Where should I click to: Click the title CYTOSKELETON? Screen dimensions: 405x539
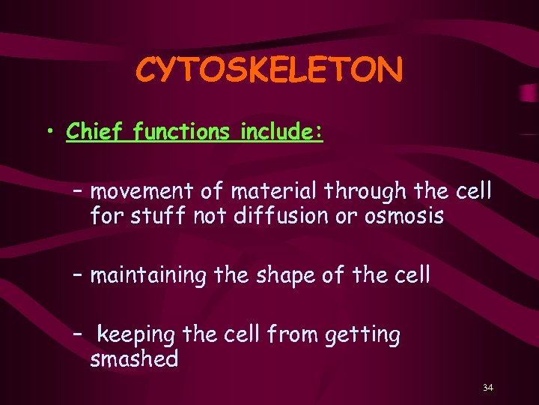pos(269,70)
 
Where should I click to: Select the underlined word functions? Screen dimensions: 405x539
pos(183,131)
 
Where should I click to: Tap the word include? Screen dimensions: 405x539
pos(281,131)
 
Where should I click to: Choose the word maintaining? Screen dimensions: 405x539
pos(147,275)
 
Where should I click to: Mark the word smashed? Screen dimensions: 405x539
pos(134,359)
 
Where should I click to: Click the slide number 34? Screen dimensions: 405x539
pos(488,388)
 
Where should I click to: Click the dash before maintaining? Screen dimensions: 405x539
pos(78,275)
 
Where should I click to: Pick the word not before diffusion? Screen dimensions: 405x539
pos(211,217)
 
